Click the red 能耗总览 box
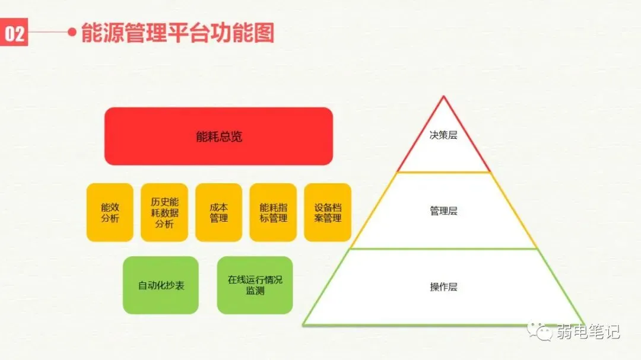point(218,136)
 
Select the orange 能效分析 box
point(110,212)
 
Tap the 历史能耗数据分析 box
point(164,212)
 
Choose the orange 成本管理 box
point(219,212)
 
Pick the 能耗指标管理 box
point(273,212)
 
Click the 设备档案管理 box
point(328,212)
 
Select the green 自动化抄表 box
point(161,285)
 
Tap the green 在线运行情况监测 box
point(255,285)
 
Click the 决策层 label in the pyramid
point(443,135)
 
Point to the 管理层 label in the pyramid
point(443,211)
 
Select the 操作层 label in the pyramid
point(443,287)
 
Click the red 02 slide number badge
point(14,34)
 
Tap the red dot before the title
point(72,33)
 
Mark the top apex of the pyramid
point(443,97)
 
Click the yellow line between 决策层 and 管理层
point(443,172)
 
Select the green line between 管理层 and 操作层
point(443,249)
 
